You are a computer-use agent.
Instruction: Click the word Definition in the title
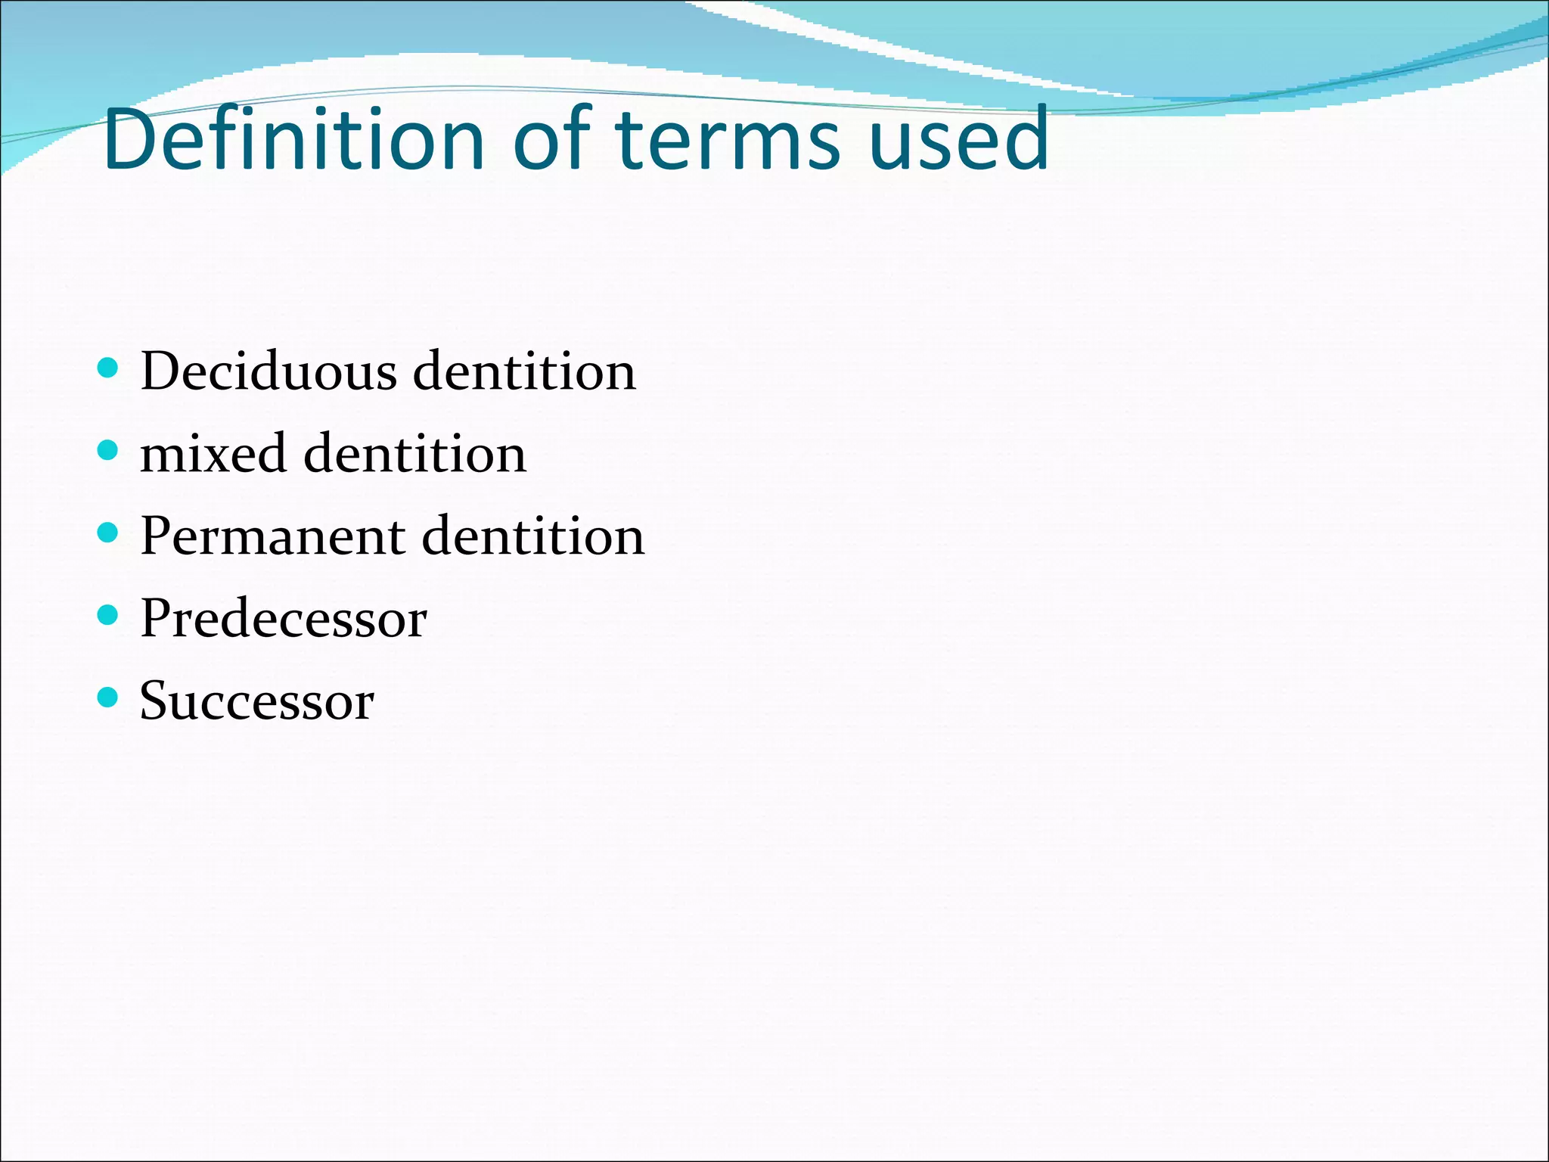[293, 139]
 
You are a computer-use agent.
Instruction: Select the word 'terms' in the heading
[728, 141]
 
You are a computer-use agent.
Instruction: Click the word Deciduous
[269, 371]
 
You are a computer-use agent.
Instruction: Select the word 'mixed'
[213, 454]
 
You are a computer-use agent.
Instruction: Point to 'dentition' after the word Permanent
[533, 536]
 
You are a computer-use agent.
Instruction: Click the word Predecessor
[284, 619]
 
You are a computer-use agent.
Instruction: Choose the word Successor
[257, 701]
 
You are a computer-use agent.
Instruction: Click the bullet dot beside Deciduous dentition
[108, 368]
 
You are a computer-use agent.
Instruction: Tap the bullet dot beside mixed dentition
[108, 451]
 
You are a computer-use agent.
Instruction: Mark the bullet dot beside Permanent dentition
[108, 533]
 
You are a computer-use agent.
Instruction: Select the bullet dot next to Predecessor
[108, 615]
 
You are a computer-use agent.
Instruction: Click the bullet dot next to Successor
[108, 697]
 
